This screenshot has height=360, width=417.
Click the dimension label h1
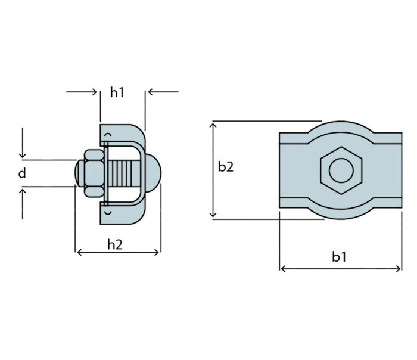[x=117, y=92]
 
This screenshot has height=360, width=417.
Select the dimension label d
[x=22, y=173]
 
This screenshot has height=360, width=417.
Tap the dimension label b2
[x=225, y=167]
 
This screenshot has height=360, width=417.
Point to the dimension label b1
[x=340, y=257]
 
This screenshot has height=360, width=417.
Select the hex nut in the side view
[x=92, y=173]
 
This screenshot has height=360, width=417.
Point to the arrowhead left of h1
[x=94, y=92]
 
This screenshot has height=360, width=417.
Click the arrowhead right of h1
[x=149, y=92]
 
